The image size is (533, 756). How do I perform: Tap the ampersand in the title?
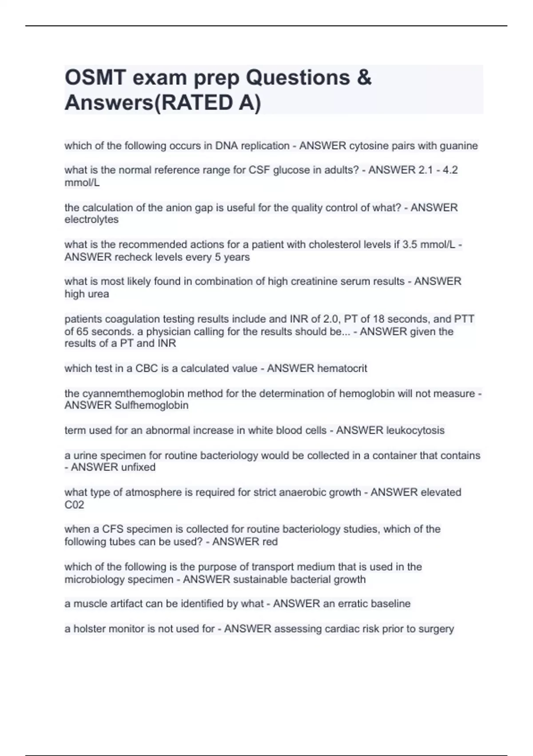click(x=364, y=78)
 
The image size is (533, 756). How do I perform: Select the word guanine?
click(x=459, y=146)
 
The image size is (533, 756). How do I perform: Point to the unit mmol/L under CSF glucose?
click(x=82, y=182)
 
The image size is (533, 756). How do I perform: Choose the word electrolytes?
click(x=91, y=220)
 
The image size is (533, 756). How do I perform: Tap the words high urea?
click(x=87, y=294)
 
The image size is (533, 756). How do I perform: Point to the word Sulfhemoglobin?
click(x=151, y=406)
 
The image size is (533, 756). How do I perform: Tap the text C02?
click(x=74, y=505)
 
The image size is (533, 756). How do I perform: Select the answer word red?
click(x=270, y=542)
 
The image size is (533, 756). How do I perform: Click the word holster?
click(x=90, y=629)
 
